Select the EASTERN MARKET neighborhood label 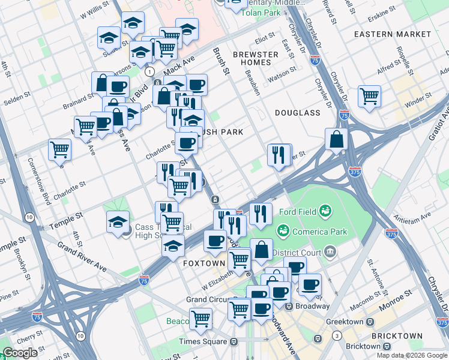click(x=385, y=34)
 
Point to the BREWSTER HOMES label click(x=256, y=59)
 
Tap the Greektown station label click(x=345, y=322)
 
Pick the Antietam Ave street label click(x=414, y=216)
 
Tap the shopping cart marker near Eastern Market click(x=369, y=95)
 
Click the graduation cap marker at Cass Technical click(x=118, y=221)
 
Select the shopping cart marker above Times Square click(x=200, y=319)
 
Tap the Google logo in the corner click(x=20, y=353)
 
